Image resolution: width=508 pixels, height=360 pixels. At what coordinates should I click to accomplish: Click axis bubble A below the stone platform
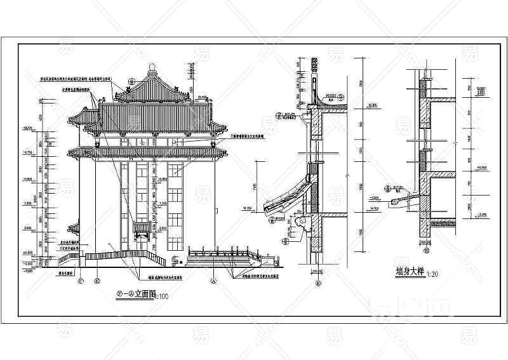coord(213,279)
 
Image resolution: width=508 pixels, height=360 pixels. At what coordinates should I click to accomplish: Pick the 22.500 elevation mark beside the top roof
coord(203,96)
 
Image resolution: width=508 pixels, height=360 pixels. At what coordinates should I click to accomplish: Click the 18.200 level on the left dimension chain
coord(27,128)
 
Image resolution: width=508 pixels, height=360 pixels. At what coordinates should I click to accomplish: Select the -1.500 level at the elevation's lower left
coord(27,270)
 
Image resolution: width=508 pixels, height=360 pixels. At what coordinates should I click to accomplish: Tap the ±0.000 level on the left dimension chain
coord(27,253)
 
